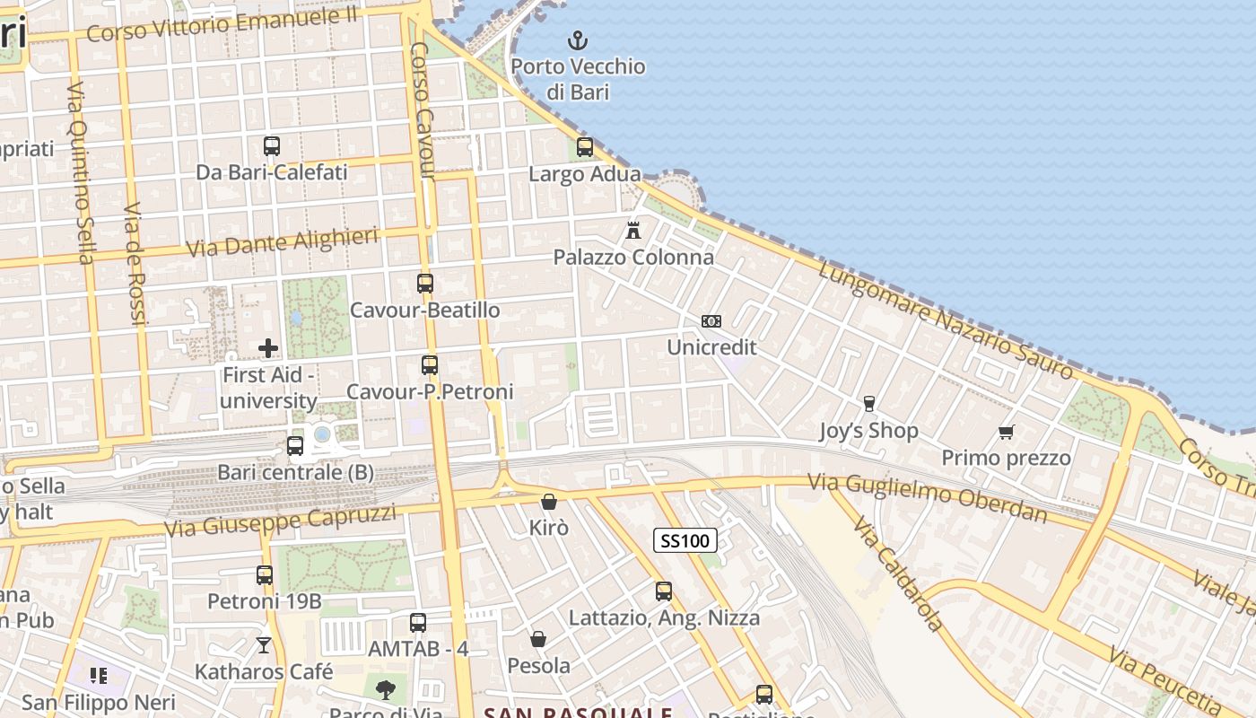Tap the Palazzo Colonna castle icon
pos(633,231)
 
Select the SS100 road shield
pos(685,540)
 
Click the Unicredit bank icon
pos(711,321)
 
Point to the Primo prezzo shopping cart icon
pos(1007,433)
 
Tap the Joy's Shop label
pos(868,431)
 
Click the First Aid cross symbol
pos(267,348)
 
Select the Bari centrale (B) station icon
pos(295,446)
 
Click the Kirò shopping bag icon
pos(549,502)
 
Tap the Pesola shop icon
pos(538,639)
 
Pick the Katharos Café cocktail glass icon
pos(264,644)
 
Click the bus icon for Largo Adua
pos(585,147)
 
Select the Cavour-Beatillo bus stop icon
pos(425,284)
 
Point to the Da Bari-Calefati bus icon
pos(272,145)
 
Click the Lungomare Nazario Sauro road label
pos(946,320)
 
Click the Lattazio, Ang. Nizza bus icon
pos(664,591)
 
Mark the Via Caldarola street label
pos(898,574)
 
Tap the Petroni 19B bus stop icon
pos(265,575)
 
